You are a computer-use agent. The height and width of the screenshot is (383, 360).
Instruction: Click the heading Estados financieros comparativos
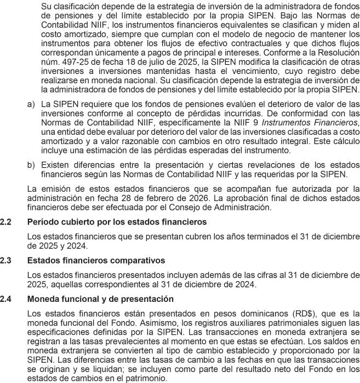click(96, 260)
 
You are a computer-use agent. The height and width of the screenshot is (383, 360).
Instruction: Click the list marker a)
click(31, 103)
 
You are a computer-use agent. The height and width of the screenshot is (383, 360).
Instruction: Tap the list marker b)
click(31, 164)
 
